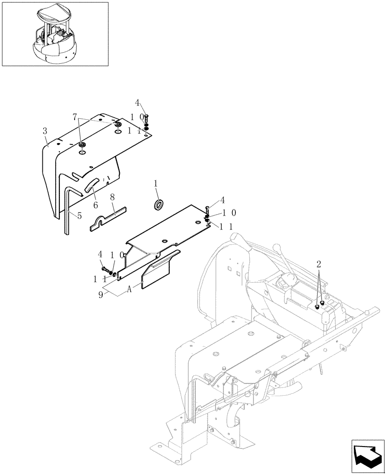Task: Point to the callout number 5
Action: [x=79, y=215]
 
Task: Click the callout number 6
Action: [x=95, y=205]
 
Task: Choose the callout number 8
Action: [x=112, y=195]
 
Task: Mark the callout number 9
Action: [x=100, y=294]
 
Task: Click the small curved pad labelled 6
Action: [x=92, y=184]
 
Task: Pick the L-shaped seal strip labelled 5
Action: [x=66, y=209]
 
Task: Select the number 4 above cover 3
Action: [x=137, y=103]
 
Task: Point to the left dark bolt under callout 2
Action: [x=317, y=307]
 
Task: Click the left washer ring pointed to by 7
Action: [x=82, y=144]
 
